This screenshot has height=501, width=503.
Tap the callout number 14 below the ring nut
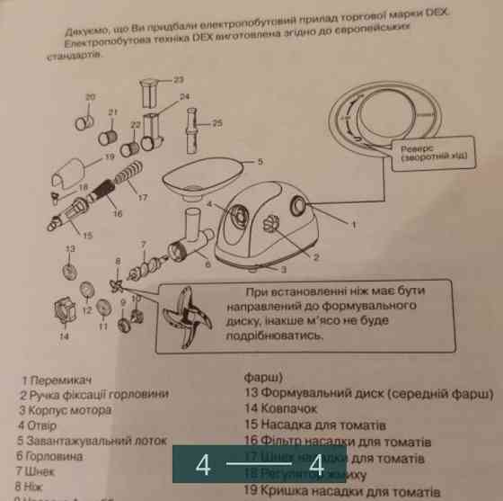65,336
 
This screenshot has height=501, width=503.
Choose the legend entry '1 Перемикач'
58,380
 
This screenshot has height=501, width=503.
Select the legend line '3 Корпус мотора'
65,410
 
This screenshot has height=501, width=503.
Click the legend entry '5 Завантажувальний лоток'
92,441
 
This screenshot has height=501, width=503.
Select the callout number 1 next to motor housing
353,222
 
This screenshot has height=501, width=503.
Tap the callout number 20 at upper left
90,96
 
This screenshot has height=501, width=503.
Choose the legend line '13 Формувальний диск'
368,393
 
